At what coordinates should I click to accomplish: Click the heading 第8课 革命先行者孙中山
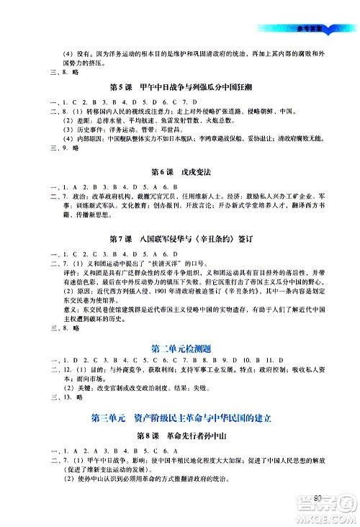click(179, 436)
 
